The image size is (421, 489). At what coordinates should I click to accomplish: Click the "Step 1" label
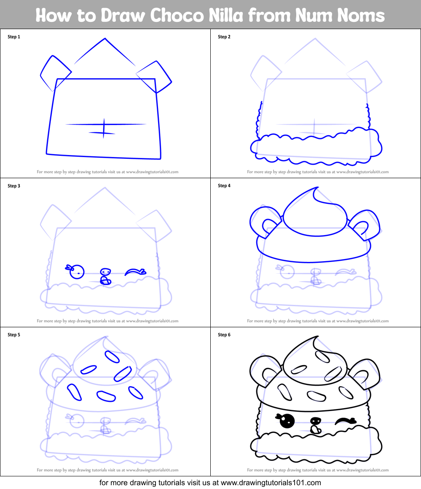point(14,37)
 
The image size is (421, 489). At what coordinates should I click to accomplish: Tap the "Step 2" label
point(224,37)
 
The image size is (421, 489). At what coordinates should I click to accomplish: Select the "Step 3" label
point(14,186)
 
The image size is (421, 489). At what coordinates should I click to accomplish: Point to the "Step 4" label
point(224,186)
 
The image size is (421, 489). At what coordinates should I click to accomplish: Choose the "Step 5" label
point(14,335)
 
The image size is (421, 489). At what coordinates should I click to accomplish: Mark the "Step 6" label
point(224,335)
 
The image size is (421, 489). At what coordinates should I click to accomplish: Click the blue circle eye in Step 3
point(77,272)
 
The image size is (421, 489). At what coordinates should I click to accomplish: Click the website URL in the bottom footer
point(271,483)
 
